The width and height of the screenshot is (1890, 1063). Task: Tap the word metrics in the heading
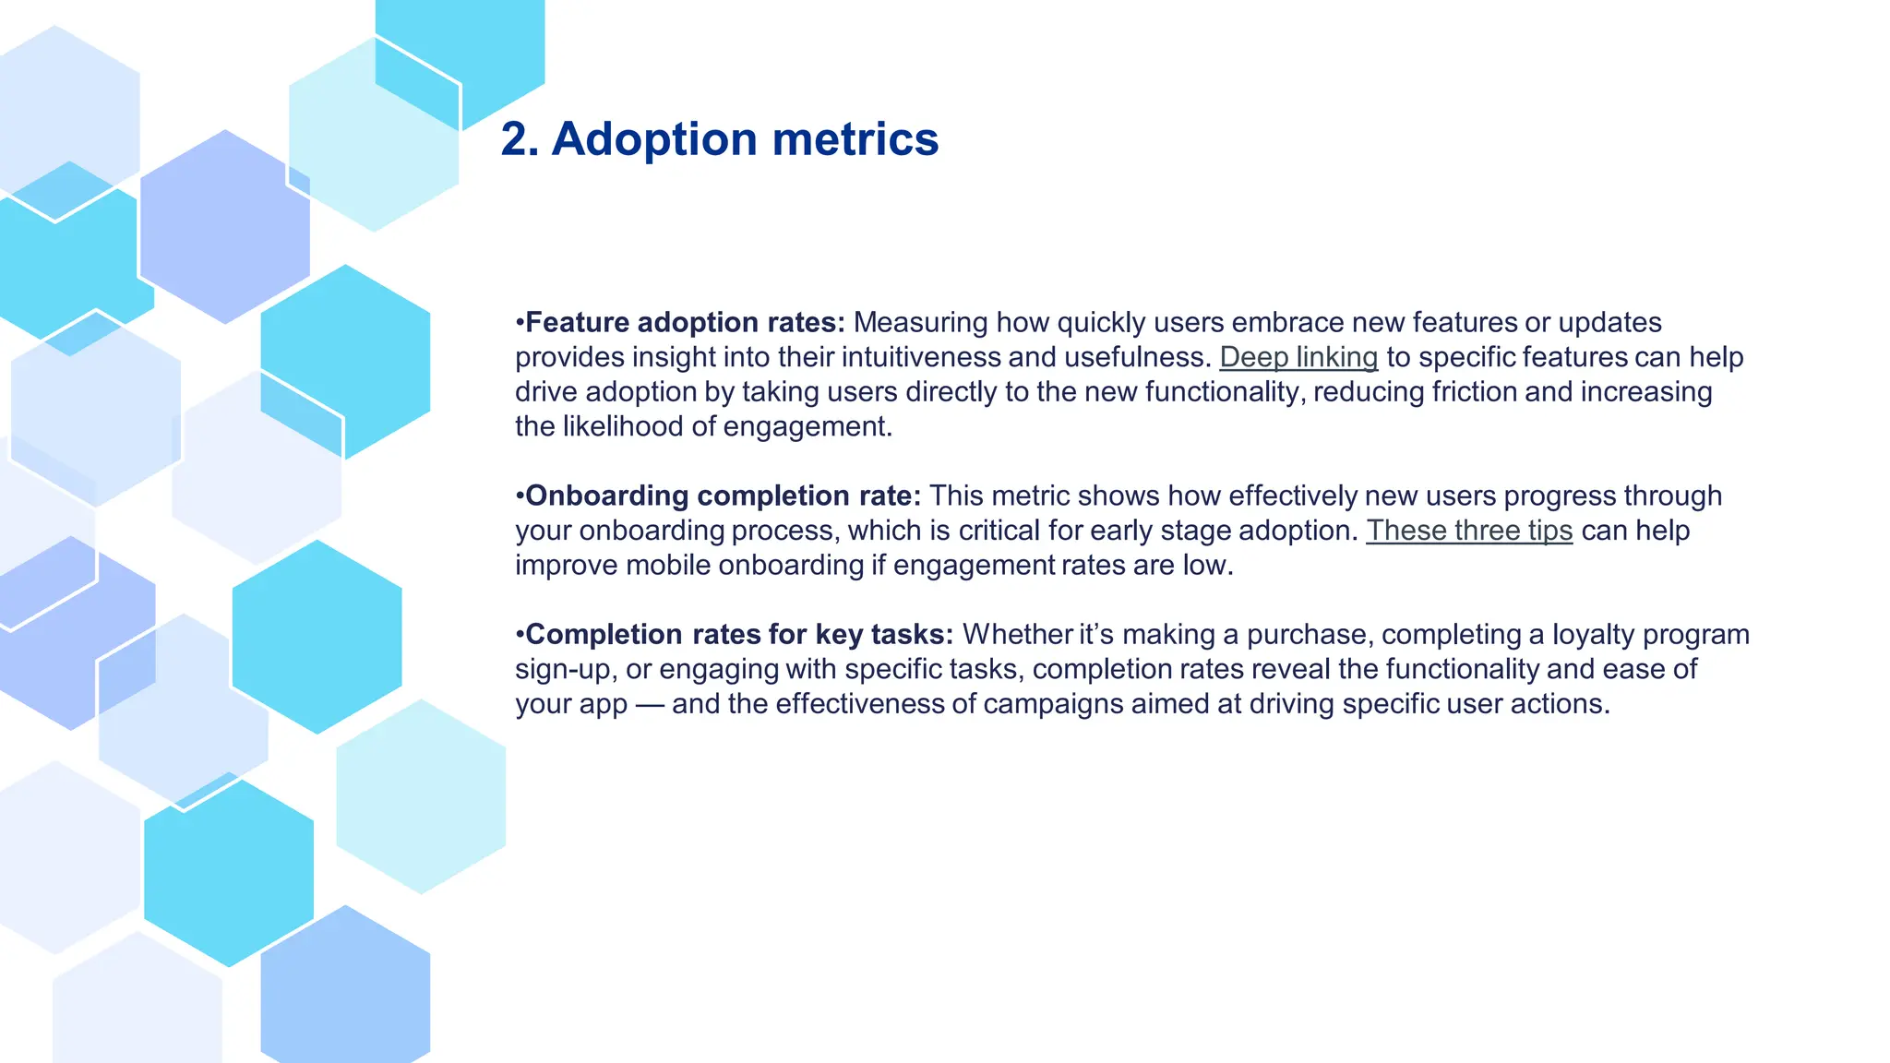[x=855, y=139]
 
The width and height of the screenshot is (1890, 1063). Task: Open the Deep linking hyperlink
[x=1298, y=357]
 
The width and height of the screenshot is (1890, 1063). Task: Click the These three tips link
[x=1468, y=531]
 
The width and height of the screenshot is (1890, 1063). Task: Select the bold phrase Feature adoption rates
[x=684, y=322]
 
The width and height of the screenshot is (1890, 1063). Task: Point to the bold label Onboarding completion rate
[x=722, y=496]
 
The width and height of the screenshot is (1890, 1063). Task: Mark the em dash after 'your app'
[x=649, y=704]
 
